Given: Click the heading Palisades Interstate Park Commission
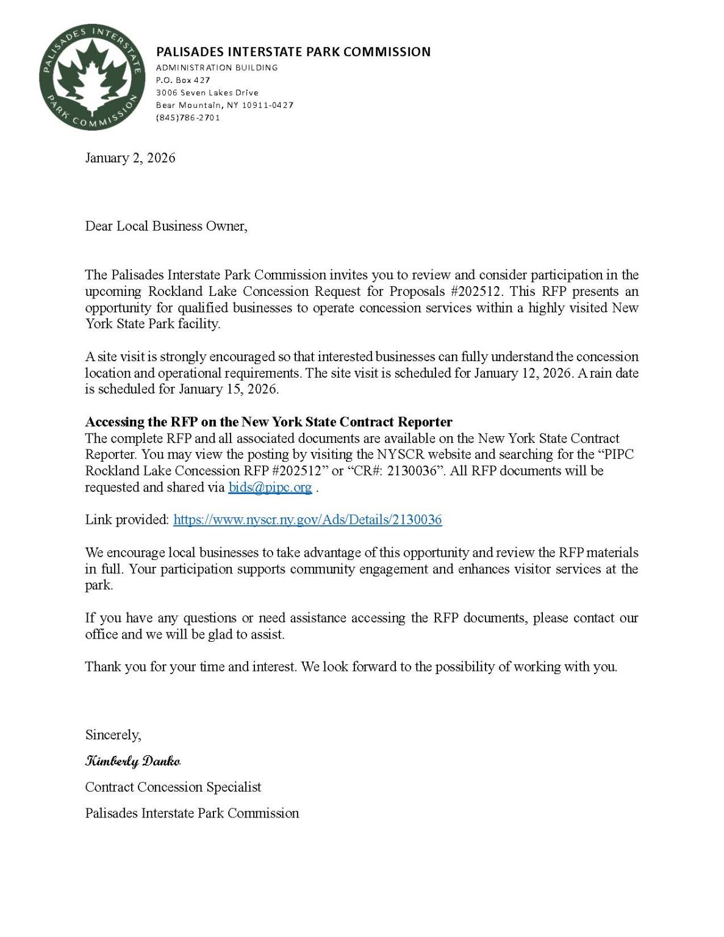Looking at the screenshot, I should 293,52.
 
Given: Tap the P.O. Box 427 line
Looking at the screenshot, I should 183,80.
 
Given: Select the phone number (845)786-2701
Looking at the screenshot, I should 188,118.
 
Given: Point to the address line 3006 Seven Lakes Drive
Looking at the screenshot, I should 207,93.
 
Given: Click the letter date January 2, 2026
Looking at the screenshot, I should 130,158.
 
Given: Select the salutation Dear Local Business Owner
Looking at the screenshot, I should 166,226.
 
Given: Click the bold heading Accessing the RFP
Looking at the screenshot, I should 268,422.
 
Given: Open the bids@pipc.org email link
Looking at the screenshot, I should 270,487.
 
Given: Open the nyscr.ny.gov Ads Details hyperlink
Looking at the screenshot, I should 307,520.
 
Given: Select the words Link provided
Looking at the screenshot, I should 127,520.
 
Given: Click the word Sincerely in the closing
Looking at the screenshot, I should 113,735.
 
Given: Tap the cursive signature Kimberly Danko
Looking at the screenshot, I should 132,761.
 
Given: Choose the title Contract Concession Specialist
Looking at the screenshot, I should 173,788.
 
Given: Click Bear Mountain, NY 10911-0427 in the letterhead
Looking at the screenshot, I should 224,105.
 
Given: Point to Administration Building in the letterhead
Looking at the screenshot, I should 217,68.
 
